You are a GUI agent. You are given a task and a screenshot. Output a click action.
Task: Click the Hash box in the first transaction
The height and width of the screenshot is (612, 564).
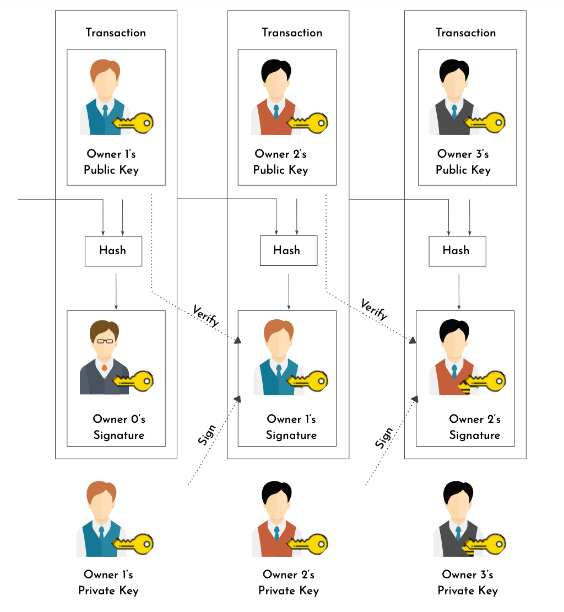(113, 251)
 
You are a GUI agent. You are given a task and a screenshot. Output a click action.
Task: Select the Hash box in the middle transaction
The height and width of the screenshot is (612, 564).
(288, 251)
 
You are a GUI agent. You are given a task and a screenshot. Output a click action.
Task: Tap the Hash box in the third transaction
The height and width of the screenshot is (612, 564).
(457, 251)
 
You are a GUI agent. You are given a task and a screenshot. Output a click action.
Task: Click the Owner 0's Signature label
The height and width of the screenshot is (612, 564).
(118, 427)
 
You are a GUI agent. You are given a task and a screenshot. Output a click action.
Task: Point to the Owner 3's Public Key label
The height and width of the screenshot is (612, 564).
(463, 162)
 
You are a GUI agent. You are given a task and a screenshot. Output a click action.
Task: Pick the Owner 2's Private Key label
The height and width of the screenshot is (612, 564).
(289, 583)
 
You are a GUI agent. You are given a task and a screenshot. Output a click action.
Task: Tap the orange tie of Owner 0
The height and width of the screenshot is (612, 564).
(104, 367)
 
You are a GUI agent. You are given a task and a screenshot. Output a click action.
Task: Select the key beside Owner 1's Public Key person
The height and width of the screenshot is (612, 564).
(134, 123)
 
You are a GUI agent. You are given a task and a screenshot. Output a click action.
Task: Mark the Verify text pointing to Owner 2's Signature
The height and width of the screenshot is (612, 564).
(374, 309)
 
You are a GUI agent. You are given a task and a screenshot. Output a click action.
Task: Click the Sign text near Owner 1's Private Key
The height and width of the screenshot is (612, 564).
(207, 436)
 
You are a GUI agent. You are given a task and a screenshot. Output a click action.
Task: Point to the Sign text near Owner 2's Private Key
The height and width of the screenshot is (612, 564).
(384, 437)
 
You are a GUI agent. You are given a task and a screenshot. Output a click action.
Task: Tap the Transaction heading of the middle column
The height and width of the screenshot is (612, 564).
(292, 33)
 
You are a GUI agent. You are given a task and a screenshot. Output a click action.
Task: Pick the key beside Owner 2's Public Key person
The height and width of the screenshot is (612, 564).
(308, 122)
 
